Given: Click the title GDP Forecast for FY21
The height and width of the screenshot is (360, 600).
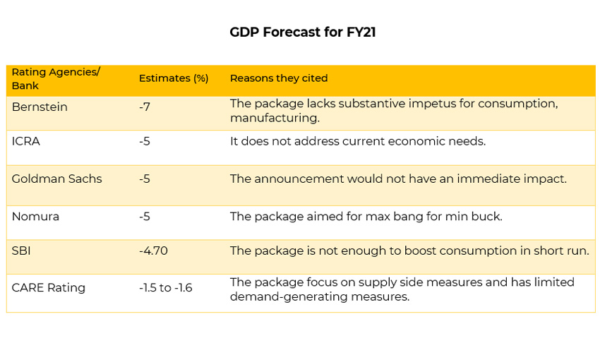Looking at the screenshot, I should tap(302, 32).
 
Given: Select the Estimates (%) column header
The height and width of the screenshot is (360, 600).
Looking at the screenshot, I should tap(174, 78).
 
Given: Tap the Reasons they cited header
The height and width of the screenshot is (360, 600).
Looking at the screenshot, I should tap(279, 78).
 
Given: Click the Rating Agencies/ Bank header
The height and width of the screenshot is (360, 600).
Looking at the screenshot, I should tap(56, 78).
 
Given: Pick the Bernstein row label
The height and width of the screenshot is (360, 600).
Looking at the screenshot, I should tap(40, 107).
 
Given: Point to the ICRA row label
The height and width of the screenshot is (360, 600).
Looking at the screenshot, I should tap(26, 141).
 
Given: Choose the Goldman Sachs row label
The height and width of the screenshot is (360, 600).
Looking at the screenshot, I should tap(56, 179).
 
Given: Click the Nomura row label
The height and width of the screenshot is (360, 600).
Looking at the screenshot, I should tap(35, 217).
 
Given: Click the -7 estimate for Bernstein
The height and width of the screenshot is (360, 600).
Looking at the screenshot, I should tap(145, 107).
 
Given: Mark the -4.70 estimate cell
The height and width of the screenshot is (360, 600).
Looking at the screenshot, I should tap(153, 251).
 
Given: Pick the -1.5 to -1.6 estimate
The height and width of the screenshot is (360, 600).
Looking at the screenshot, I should tap(166, 288).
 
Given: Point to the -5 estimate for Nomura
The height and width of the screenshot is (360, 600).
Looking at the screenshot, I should tap(145, 217).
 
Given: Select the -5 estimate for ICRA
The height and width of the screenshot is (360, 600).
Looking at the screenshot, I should tap(145, 141).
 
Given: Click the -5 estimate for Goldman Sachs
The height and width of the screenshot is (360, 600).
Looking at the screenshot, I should tap(145, 179).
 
